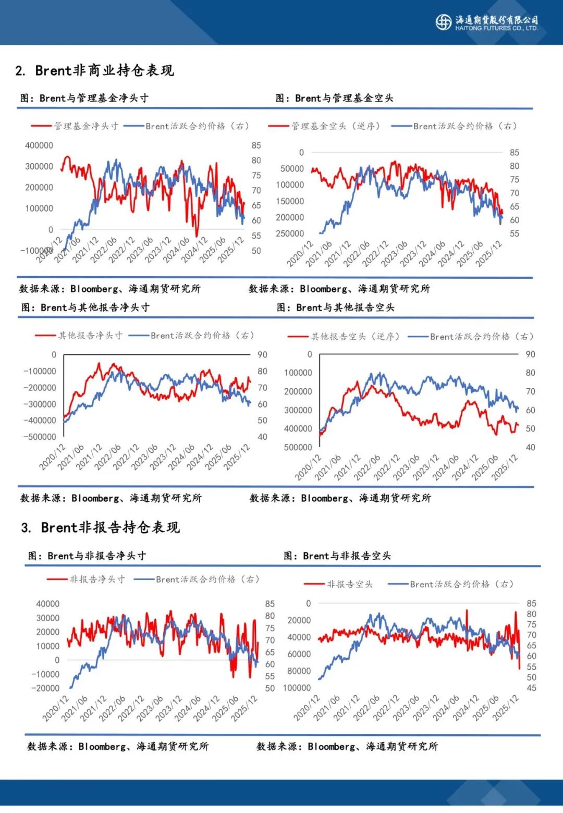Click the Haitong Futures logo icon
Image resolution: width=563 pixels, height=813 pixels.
coord(443,22)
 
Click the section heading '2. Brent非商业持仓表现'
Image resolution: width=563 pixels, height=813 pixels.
coord(94,70)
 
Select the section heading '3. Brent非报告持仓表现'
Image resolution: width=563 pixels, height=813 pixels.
coord(101,527)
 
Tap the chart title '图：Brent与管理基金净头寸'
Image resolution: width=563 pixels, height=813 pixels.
coord(84,98)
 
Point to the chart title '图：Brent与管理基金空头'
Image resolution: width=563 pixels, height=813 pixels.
coord(334,98)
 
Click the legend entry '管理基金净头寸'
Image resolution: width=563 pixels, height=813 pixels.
coord(86,126)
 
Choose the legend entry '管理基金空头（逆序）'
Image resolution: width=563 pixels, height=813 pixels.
coord(335,126)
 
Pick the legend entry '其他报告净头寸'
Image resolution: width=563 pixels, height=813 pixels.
coord(90,336)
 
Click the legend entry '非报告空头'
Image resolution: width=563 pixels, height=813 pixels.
coord(349,584)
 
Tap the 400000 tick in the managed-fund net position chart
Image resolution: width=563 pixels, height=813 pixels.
coord(39,145)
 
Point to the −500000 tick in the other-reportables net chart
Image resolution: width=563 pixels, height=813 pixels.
coord(40,437)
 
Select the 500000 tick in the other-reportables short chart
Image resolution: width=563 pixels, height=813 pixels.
coord(298,447)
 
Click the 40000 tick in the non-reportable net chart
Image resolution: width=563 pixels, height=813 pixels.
coord(47,603)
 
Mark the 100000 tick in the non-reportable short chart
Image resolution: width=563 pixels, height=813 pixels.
coord(297,688)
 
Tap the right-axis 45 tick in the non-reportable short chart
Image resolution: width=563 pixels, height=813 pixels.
coord(531,688)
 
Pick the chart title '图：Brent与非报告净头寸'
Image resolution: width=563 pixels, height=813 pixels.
coord(87,556)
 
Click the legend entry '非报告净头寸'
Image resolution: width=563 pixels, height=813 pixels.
coord(97,580)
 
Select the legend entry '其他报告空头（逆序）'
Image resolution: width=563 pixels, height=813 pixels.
coord(355,337)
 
